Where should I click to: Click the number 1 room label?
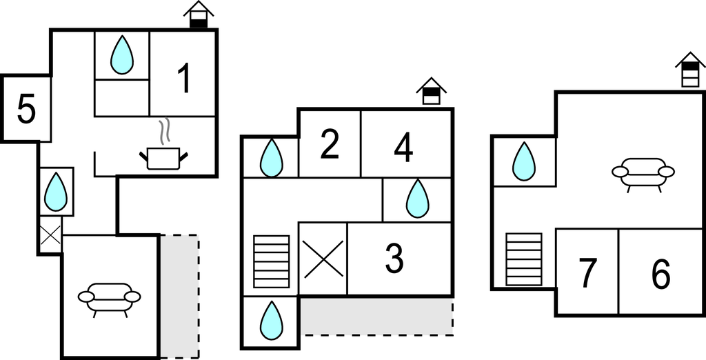pyautogui.click(x=183, y=79)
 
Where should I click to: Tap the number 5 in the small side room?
pyautogui.click(x=26, y=109)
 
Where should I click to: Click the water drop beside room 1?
pyautogui.click(x=122, y=54)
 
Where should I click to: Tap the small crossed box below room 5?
pyautogui.click(x=50, y=234)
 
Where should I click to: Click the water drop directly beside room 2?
pyautogui.click(x=272, y=158)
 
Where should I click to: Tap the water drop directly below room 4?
pyautogui.click(x=417, y=199)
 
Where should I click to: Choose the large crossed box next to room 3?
pyautogui.click(x=323, y=259)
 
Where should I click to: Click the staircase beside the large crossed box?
pyautogui.click(x=272, y=261)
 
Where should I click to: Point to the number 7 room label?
pyautogui.click(x=588, y=273)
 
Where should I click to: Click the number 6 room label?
pyautogui.click(x=661, y=273)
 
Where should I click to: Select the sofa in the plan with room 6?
pyautogui.click(x=643, y=174)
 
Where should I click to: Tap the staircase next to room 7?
pyautogui.click(x=524, y=259)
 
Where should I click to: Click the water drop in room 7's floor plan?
pyautogui.click(x=524, y=161)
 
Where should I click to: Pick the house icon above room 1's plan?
pyautogui.click(x=199, y=14)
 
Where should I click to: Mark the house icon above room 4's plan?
pyautogui.click(x=432, y=91)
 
